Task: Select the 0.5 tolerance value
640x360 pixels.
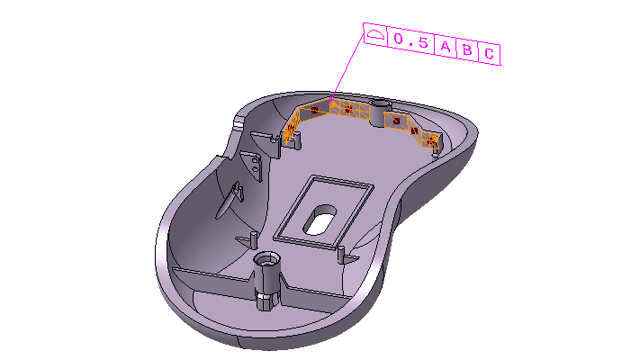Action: point(410,42)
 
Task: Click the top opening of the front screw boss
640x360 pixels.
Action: point(266,259)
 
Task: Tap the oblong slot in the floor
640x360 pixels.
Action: point(319,221)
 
